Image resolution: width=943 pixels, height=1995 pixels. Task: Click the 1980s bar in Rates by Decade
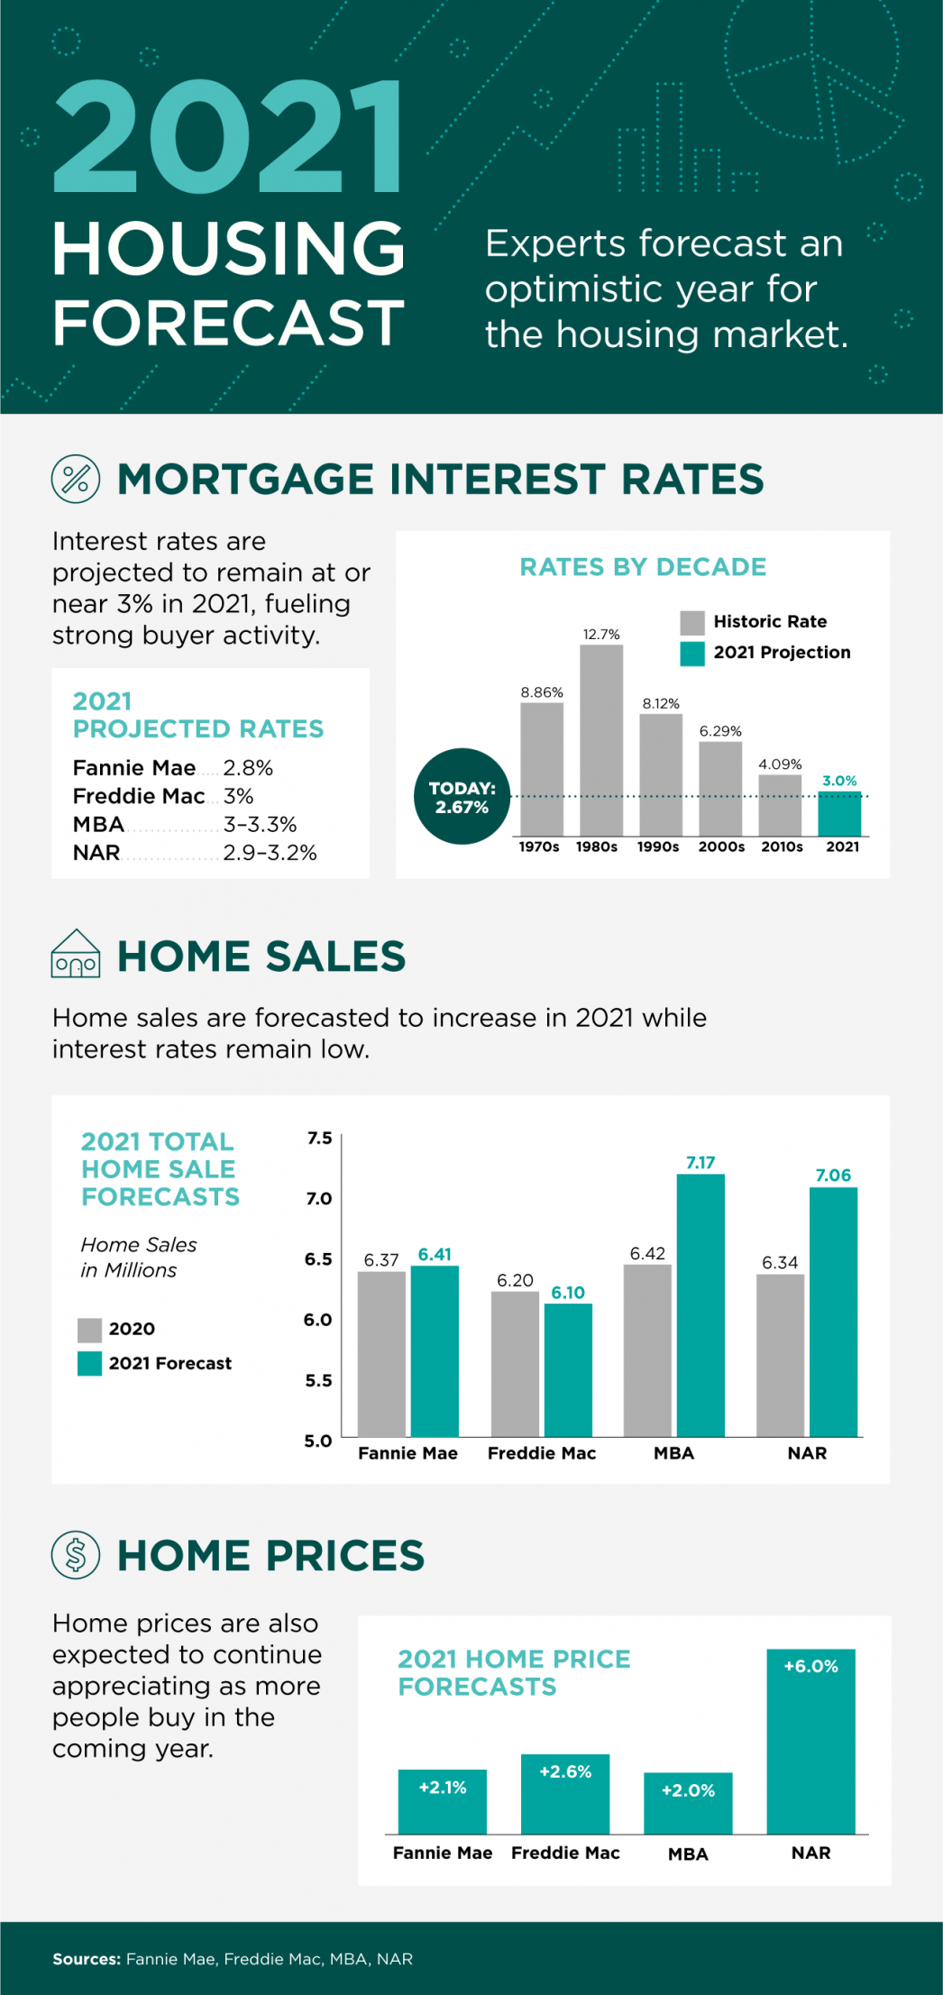tap(601, 739)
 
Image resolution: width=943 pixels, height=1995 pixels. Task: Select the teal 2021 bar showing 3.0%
tap(839, 814)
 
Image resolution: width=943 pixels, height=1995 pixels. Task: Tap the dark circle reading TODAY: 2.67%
tap(462, 797)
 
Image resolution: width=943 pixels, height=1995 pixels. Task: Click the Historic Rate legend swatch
tap(691, 622)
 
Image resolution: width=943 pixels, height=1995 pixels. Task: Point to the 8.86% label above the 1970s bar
tap(542, 692)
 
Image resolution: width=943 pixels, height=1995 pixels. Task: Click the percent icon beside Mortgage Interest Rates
tap(76, 479)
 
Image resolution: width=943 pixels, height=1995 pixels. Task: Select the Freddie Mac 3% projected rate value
tap(239, 796)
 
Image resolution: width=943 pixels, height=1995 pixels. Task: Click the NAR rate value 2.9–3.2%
tap(270, 853)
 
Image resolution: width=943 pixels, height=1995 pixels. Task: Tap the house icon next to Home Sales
tap(76, 955)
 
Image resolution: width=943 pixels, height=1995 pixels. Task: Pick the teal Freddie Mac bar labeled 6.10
tap(568, 1370)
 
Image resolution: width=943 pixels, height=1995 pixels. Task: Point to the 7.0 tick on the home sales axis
tap(319, 1198)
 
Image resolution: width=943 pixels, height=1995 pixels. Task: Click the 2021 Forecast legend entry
tap(154, 1363)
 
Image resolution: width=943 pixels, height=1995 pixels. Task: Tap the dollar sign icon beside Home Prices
tap(76, 1554)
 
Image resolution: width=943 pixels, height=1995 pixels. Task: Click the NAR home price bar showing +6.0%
tap(810, 1741)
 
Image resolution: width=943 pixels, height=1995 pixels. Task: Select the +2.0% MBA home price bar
tap(688, 1803)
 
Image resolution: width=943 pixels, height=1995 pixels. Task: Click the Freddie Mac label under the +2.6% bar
tap(565, 1853)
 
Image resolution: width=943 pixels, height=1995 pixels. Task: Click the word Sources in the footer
tap(86, 1959)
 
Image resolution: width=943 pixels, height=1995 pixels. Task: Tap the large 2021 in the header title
tap(229, 137)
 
